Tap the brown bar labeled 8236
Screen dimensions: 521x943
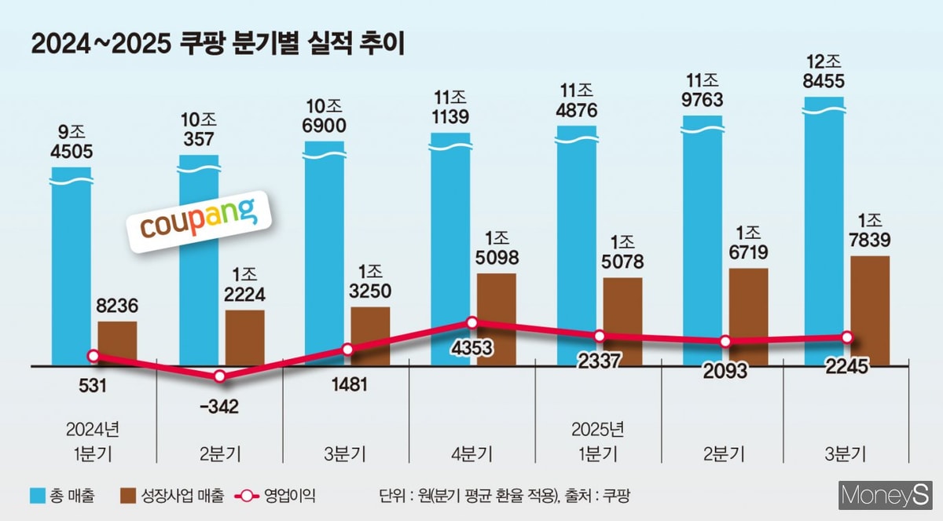pos(117,343)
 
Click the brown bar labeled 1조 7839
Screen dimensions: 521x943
pos(870,310)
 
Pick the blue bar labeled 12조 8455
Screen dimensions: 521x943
pos(824,228)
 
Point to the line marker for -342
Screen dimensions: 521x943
pos(220,376)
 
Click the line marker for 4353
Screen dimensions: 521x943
pos(472,322)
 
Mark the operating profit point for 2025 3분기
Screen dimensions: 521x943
pos(847,336)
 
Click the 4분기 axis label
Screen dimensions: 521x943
pos(472,454)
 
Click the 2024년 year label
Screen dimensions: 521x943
pos(94,429)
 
